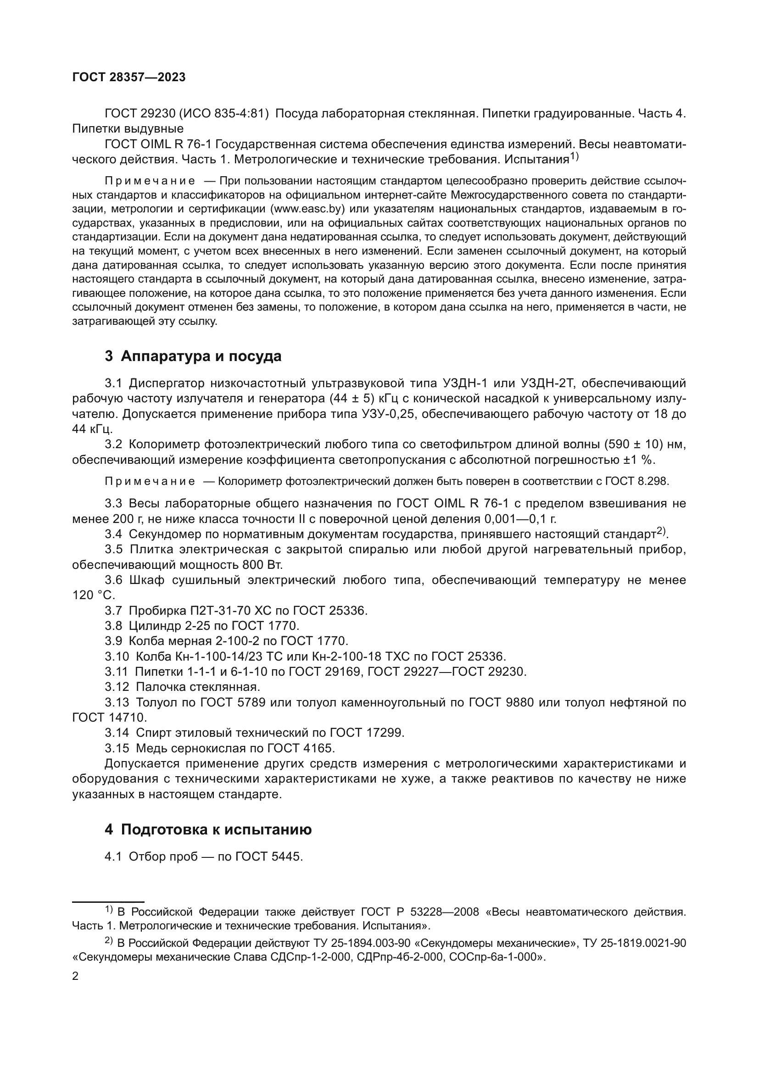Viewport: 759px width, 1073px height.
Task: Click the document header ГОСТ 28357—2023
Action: point(129,78)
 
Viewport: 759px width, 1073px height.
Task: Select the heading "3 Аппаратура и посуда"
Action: point(193,356)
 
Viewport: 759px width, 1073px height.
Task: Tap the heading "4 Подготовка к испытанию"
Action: point(208,829)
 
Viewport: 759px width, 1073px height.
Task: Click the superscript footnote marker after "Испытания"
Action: point(574,157)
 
